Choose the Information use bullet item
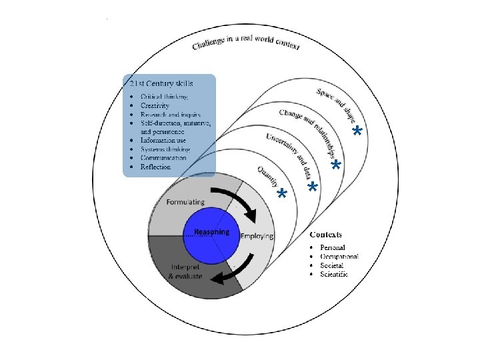click(165, 141)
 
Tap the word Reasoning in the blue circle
click(211, 232)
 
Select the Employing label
click(257, 236)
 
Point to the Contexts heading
click(326, 235)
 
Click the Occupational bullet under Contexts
click(339, 257)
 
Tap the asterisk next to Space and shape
click(357, 131)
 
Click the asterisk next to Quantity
click(282, 194)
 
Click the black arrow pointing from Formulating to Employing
click(240, 203)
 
